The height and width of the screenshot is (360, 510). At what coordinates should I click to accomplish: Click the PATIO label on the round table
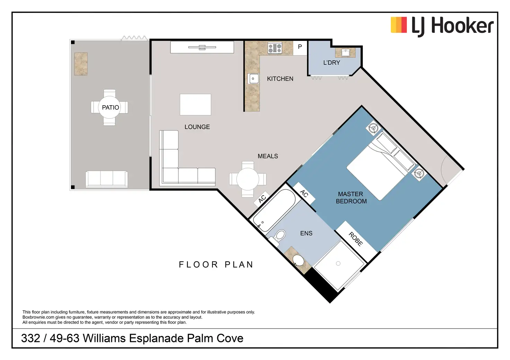(x=110, y=107)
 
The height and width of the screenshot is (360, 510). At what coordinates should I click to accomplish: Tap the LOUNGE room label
(x=197, y=127)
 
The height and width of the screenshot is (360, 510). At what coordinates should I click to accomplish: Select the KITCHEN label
(x=280, y=79)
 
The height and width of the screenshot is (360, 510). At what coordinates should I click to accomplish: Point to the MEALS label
(x=268, y=156)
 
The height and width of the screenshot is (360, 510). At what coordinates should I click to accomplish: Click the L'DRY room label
(x=332, y=63)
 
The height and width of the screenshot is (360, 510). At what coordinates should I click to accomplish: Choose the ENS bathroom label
(x=306, y=233)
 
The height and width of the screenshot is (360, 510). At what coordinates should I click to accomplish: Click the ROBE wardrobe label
(x=356, y=239)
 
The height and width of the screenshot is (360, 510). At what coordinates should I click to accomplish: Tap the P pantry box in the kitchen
(x=300, y=47)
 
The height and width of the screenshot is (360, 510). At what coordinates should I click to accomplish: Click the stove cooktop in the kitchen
(x=275, y=48)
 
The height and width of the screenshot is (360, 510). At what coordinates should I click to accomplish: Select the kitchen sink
(x=253, y=79)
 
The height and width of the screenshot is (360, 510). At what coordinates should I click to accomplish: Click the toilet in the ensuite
(x=279, y=235)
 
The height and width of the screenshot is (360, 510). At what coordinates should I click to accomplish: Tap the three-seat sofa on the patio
(x=107, y=179)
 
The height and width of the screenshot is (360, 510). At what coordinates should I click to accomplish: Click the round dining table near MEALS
(x=247, y=179)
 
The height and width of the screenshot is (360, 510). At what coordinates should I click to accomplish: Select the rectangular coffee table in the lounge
(x=195, y=105)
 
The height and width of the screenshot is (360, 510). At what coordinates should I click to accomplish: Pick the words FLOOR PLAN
(x=216, y=265)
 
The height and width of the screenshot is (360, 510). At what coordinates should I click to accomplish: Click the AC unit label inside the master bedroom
(x=304, y=193)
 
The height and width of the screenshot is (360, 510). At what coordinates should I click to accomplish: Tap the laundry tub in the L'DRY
(x=345, y=53)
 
